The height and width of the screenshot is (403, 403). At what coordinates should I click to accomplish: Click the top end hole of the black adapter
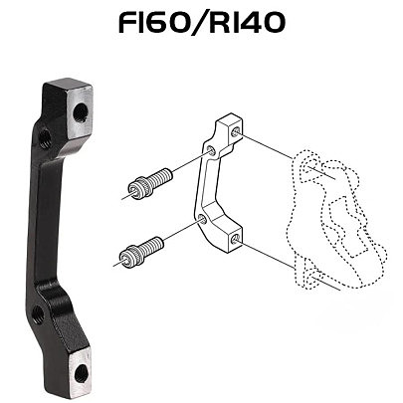coord(80,113)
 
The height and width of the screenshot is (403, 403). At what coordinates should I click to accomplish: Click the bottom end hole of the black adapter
coord(81,373)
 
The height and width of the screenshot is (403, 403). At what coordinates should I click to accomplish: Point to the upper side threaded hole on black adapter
coord(44,138)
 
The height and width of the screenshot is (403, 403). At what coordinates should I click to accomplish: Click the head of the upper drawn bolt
coord(137,190)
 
